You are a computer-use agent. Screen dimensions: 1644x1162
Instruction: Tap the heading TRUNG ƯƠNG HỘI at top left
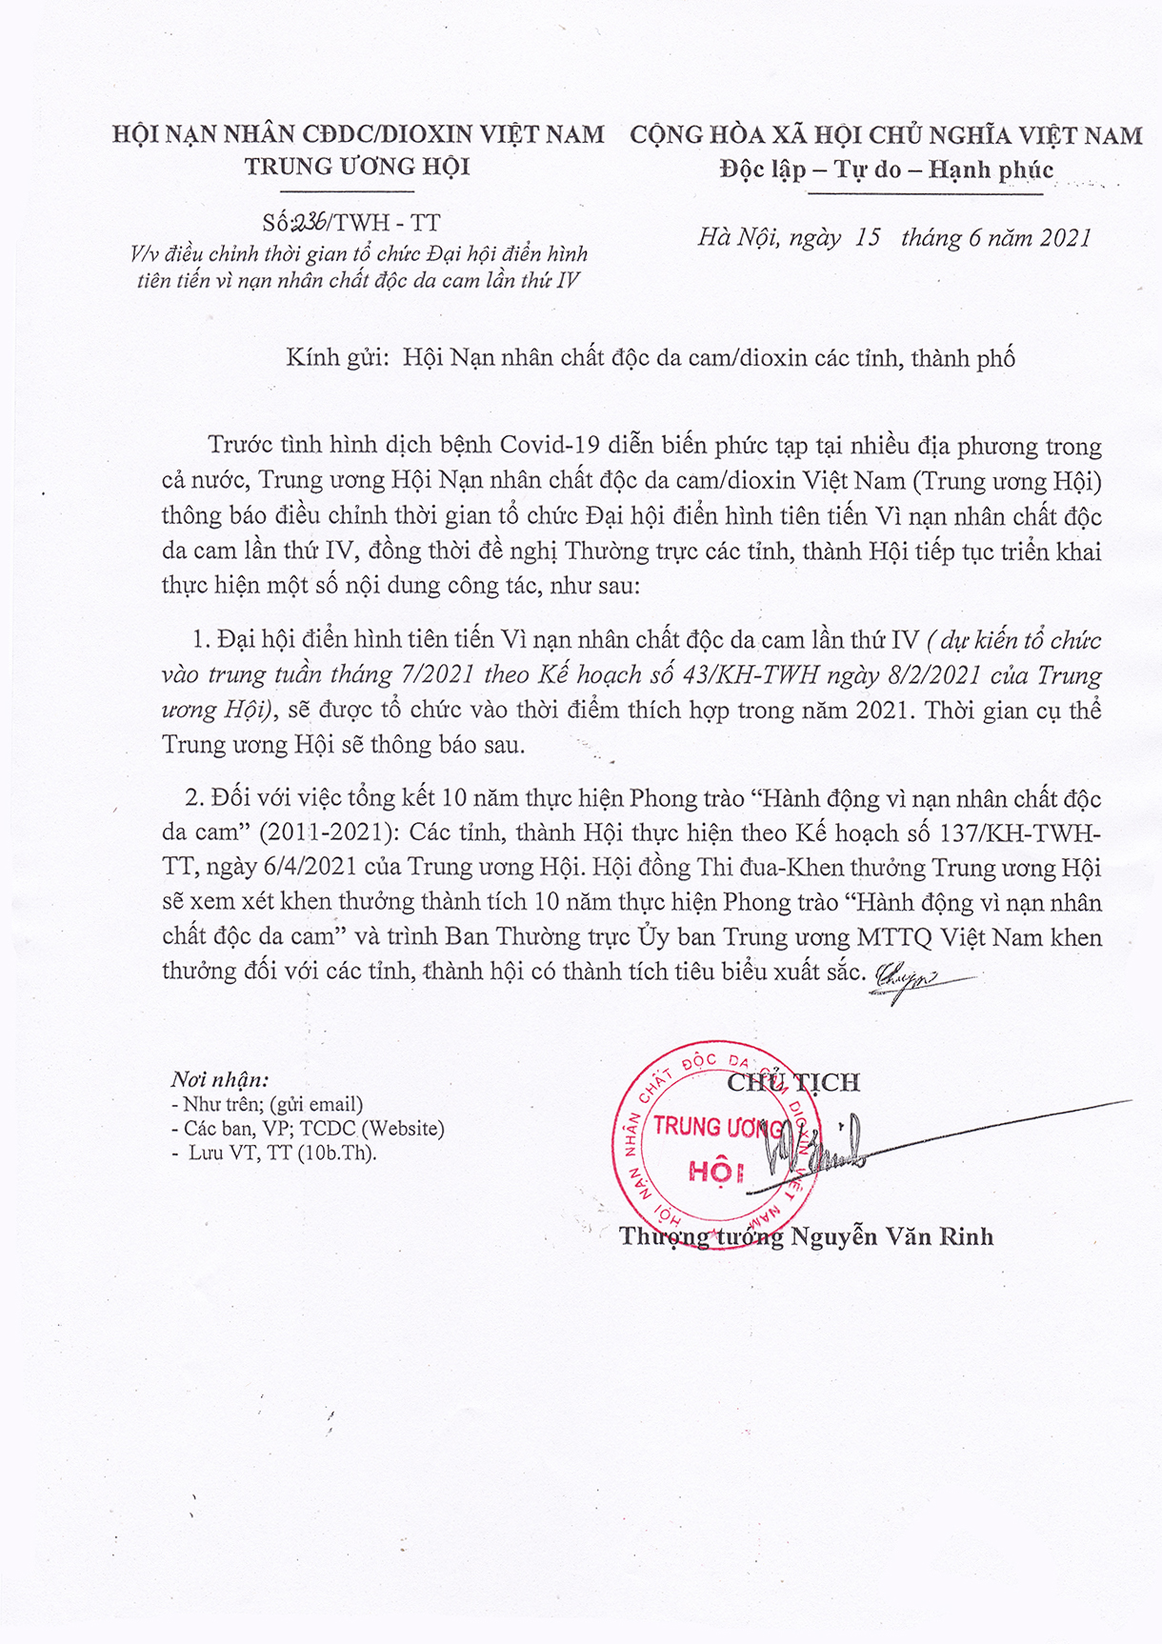pyautogui.click(x=357, y=167)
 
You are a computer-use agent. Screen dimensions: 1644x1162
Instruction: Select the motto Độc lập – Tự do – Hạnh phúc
pyautogui.click(x=887, y=170)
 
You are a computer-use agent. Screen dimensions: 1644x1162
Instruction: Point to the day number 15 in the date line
pyautogui.click(x=868, y=237)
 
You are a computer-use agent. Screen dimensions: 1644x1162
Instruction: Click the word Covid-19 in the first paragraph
pyautogui.click(x=555, y=446)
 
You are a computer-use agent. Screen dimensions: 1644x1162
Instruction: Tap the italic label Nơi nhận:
pyautogui.click(x=219, y=1079)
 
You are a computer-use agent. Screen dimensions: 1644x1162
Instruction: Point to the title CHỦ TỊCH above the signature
pyautogui.click(x=793, y=1082)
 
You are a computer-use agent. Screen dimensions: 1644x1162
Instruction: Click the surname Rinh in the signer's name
pyautogui.click(x=966, y=1236)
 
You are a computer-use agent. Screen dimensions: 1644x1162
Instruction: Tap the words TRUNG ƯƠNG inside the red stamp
pyautogui.click(x=716, y=1127)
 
